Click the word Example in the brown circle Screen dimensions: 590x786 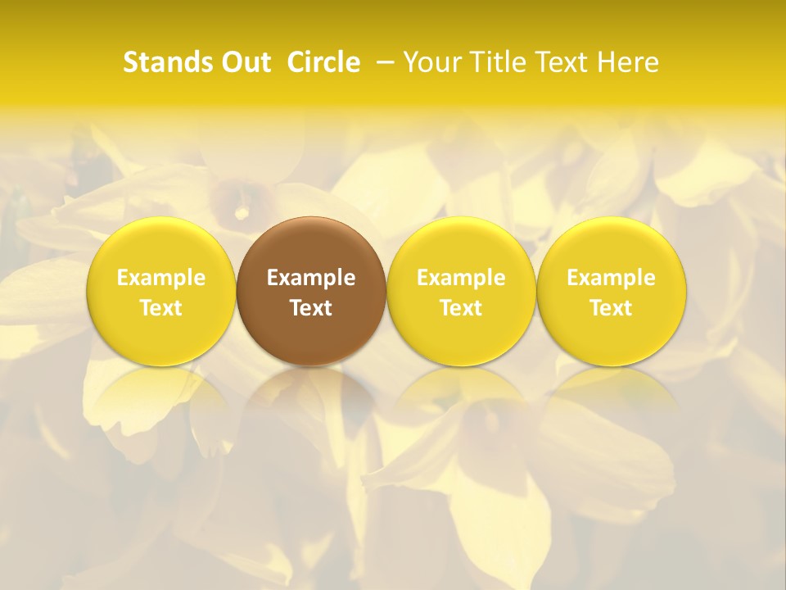[311, 279]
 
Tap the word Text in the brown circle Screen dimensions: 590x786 [311, 308]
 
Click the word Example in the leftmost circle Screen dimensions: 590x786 [161, 279]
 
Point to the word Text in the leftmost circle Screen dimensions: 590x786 [161, 308]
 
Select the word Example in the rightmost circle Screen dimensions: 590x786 [612, 279]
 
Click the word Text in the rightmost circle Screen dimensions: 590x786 [612, 308]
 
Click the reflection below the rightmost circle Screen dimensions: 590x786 [612, 397]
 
